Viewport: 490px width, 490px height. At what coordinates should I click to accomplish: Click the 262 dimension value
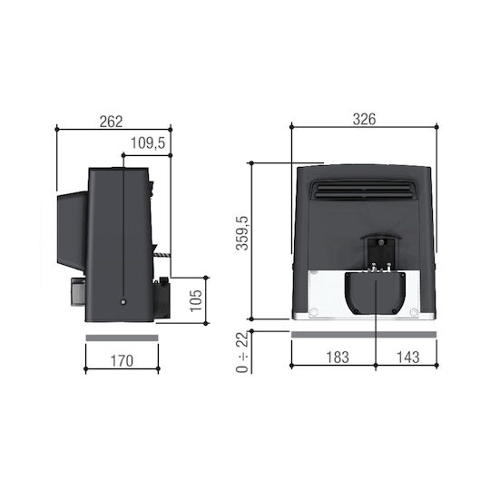(112, 122)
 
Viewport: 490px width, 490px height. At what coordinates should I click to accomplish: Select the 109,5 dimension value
(148, 143)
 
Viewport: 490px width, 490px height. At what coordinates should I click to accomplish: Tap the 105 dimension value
(196, 300)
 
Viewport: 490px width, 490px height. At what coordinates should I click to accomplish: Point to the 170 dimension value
(122, 361)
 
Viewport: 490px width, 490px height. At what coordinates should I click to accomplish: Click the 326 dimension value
(364, 119)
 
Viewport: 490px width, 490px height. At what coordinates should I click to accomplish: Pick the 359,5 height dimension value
(242, 233)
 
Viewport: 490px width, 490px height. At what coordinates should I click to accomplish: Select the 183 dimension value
(338, 358)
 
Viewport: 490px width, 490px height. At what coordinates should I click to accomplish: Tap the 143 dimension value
(407, 358)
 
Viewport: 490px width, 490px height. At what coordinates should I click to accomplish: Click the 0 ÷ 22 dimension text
(242, 352)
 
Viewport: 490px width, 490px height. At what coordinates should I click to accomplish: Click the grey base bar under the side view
(122, 338)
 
